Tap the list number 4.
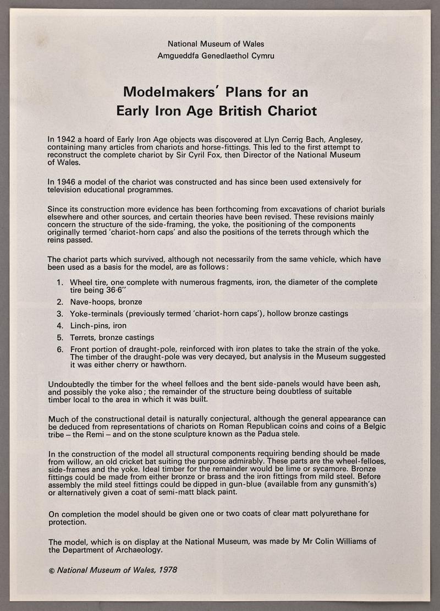[59, 325]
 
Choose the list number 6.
[59, 349]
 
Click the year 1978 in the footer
[167, 570]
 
